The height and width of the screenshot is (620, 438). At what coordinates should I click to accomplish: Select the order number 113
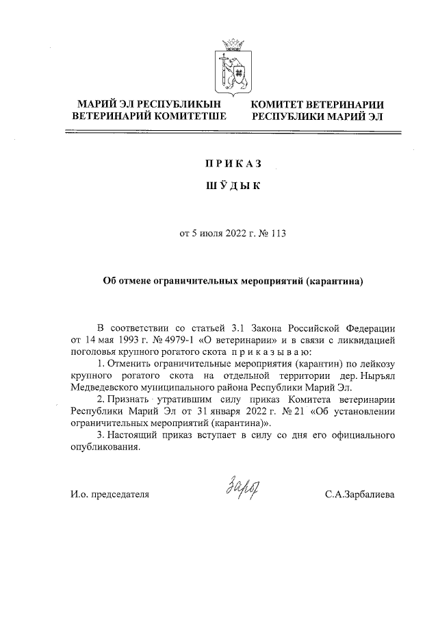click(x=278, y=233)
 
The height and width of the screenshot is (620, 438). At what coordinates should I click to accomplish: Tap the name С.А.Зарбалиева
click(x=360, y=494)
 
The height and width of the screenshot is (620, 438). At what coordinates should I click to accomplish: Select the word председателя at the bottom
click(x=119, y=494)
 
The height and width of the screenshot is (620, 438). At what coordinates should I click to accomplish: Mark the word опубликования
click(x=105, y=447)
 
